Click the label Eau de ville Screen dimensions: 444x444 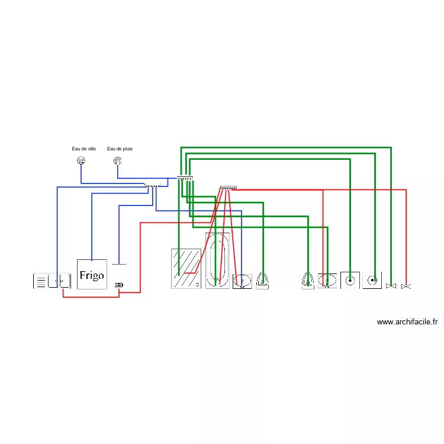point(83,149)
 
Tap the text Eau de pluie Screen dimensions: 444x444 point(120,149)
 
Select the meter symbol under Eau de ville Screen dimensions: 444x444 point(81,160)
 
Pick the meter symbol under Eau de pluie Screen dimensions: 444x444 point(118,161)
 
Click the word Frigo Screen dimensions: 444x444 point(92,275)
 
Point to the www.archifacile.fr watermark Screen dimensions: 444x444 point(407,321)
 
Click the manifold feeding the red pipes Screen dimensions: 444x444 point(229,188)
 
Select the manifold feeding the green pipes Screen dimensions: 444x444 point(185,178)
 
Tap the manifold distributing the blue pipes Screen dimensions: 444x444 point(152,185)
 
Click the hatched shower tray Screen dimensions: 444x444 point(186,269)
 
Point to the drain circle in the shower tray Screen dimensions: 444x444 point(197,285)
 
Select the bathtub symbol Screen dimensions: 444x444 point(217,260)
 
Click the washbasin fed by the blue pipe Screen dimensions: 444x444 point(242,281)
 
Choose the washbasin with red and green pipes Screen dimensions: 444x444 point(327,281)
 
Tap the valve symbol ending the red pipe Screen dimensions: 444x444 point(406,287)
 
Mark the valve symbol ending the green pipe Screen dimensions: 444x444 point(391,286)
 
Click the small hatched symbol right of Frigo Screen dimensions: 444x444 point(119,285)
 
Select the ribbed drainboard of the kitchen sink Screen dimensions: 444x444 point(41,281)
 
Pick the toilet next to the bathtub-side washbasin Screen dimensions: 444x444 point(262,281)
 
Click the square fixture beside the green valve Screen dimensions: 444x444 point(372,281)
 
